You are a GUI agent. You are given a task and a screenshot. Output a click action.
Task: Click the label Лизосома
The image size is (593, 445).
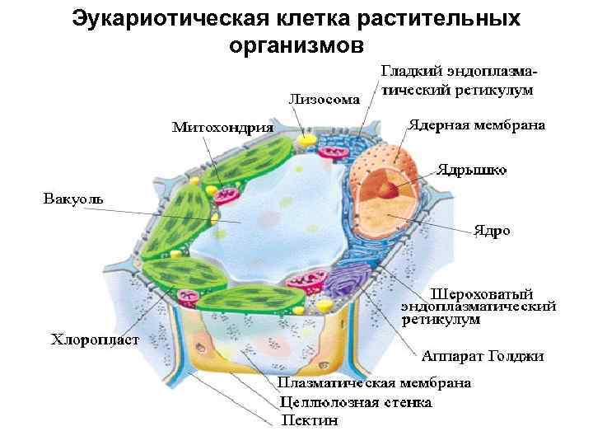[324, 101]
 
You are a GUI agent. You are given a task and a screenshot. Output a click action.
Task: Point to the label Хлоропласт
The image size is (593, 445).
[96, 339]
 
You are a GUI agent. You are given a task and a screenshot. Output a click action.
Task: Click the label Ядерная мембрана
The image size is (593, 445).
[477, 125]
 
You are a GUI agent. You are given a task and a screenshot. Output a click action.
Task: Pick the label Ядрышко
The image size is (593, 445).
[472, 171]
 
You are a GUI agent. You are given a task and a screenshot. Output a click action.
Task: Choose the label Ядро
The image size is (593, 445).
[492, 231]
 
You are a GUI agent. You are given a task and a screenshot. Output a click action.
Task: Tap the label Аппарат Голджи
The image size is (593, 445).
[483, 356]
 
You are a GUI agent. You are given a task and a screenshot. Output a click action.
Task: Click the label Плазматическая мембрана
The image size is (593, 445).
[375, 382]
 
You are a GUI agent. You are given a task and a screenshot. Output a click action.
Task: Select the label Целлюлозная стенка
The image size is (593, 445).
[356, 402]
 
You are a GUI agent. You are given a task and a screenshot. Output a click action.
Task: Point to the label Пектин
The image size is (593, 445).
[310, 421]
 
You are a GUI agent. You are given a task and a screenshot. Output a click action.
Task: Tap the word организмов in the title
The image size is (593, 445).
[296, 45]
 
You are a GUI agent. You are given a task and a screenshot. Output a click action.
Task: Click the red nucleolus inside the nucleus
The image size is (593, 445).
[388, 189]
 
